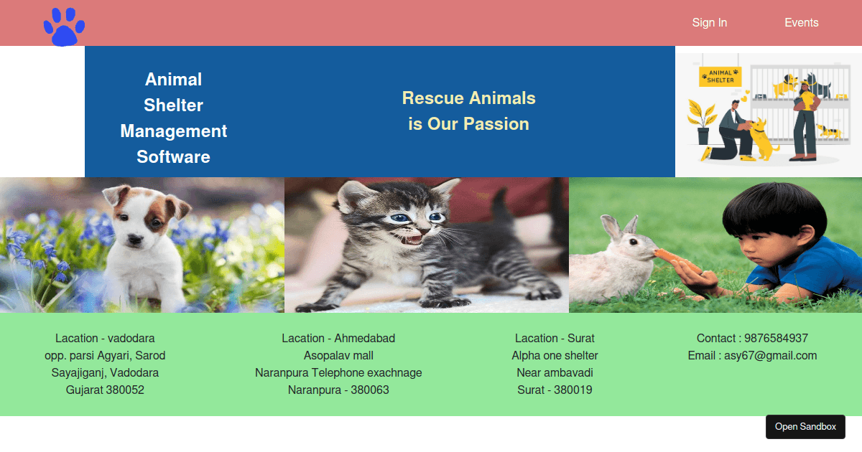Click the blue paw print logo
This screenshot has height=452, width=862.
pyautogui.click(x=64, y=27)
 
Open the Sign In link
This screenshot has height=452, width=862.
pyautogui.click(x=709, y=23)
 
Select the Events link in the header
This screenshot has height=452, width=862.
pyautogui.click(x=801, y=23)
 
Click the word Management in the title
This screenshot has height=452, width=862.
pyautogui.click(x=173, y=131)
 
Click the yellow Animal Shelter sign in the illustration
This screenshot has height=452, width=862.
pyautogui.click(x=720, y=76)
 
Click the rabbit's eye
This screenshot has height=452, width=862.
pyautogui.click(x=631, y=241)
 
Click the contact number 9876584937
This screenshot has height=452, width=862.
pyautogui.click(x=776, y=339)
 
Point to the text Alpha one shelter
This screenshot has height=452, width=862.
pyautogui.click(x=555, y=356)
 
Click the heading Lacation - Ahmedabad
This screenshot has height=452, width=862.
pyautogui.click(x=338, y=339)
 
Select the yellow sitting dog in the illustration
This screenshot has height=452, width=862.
pyautogui.click(x=761, y=140)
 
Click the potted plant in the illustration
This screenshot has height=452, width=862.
pyautogui.click(x=702, y=122)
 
